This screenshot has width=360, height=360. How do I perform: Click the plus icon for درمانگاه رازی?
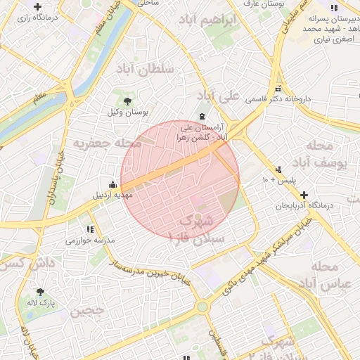37,6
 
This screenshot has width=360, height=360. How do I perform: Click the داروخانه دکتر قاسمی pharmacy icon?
278,89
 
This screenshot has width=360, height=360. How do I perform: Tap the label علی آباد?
219,94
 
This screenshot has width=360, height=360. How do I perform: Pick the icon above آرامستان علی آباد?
202,116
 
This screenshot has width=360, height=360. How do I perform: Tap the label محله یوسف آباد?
328,155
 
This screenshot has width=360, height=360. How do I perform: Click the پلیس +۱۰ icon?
278,169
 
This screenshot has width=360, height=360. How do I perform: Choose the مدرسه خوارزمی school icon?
90,229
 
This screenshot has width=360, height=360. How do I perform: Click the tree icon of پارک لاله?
40,290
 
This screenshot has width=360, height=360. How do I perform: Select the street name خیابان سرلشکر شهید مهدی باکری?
265,254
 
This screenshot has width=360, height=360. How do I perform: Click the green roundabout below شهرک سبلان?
202,307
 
